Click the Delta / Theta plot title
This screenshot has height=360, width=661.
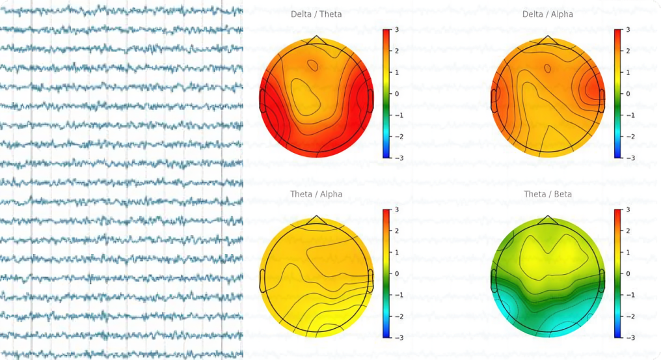(x=316, y=14)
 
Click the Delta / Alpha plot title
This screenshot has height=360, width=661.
(x=548, y=14)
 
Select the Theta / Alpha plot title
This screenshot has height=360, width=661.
(x=316, y=194)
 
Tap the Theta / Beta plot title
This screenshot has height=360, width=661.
(x=548, y=194)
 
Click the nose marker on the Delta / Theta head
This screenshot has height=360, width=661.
(x=316, y=40)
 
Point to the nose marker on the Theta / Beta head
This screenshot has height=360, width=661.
(x=548, y=220)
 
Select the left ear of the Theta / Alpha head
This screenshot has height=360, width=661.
(x=262, y=281)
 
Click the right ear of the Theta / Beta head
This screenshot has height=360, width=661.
(x=602, y=281)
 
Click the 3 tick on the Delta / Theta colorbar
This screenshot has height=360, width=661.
(x=396, y=30)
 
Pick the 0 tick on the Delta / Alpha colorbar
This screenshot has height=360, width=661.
(x=628, y=94)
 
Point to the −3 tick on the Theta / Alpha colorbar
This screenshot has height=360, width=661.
(x=396, y=337)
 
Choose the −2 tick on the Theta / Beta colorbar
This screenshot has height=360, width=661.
(x=628, y=316)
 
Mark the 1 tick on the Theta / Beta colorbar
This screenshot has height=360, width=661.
(x=628, y=252)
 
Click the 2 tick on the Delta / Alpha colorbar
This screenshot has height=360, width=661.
(x=628, y=51)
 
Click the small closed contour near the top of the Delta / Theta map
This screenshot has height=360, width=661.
(x=314, y=65)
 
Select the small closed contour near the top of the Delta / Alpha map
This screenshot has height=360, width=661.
(x=547, y=68)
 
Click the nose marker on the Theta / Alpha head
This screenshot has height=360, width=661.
(x=316, y=220)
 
